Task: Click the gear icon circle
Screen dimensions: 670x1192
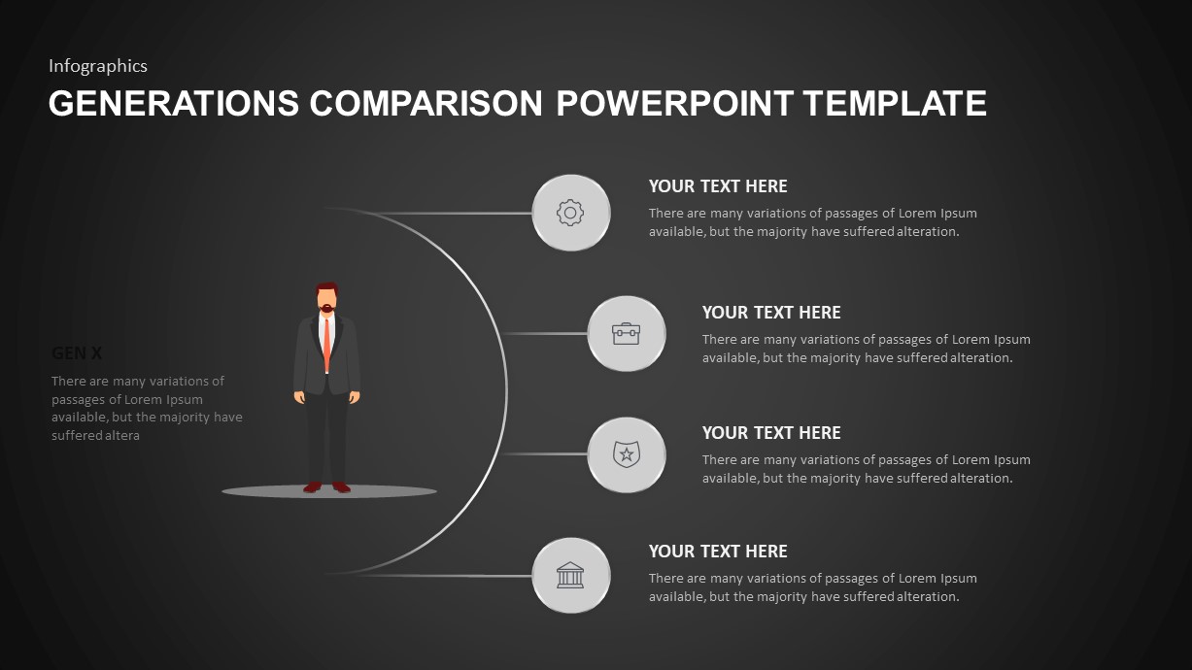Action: [570, 213]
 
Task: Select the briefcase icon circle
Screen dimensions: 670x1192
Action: [627, 333]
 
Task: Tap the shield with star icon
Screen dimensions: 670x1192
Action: [627, 453]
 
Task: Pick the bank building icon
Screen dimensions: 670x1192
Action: [570, 575]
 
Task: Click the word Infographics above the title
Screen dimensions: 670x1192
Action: [98, 66]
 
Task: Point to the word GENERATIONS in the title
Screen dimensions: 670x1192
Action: [174, 103]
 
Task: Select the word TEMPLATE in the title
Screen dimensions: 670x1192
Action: [896, 103]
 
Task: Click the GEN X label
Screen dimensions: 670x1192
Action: [77, 353]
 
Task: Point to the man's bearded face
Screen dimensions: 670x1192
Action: [327, 300]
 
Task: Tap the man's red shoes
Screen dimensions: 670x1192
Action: [326, 486]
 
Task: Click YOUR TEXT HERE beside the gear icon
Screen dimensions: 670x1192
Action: [718, 186]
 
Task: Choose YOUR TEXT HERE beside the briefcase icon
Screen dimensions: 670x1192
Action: [771, 313]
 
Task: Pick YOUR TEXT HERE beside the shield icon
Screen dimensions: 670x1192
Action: [771, 433]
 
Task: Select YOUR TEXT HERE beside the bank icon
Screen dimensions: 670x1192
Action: [718, 552]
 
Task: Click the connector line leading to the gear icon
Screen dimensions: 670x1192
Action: [447, 213]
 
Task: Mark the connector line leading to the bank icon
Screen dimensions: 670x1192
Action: [447, 575]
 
